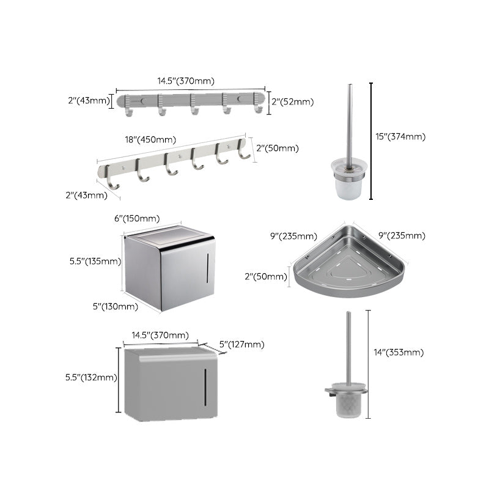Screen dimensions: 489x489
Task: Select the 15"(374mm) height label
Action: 400,137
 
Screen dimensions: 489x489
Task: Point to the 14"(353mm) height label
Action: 398,352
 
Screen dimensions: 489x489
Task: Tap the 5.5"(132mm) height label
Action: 92,377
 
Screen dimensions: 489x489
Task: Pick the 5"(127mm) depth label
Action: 242,345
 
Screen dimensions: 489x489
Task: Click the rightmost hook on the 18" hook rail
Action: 244,152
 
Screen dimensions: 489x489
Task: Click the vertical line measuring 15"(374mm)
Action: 371,141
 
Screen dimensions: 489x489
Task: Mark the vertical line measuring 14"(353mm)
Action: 368,364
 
